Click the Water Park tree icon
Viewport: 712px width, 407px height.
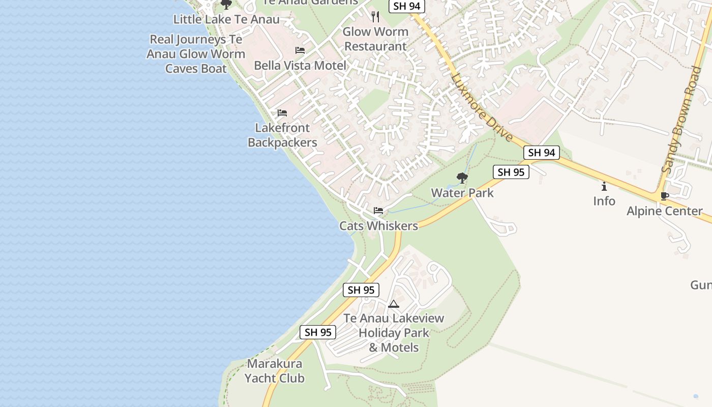click(x=462, y=178)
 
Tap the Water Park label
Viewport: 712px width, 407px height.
click(x=462, y=193)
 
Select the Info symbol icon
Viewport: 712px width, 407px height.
click(x=604, y=186)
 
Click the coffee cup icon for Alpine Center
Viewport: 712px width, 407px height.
click(x=664, y=196)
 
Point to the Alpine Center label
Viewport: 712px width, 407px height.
click(x=664, y=211)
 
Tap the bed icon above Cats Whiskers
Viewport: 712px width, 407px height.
click(x=378, y=211)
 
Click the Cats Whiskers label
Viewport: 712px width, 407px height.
click(x=378, y=226)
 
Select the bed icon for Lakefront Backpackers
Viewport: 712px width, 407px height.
click(x=282, y=113)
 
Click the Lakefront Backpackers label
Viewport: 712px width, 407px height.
click(x=282, y=135)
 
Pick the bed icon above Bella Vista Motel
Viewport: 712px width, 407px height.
click(x=300, y=50)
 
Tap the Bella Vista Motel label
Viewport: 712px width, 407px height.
click(x=300, y=66)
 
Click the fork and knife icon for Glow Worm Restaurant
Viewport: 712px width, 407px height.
click(x=375, y=17)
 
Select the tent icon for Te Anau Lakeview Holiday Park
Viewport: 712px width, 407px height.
click(x=393, y=304)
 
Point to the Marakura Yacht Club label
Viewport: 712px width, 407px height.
click(x=275, y=371)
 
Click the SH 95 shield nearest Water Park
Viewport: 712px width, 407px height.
click(x=511, y=172)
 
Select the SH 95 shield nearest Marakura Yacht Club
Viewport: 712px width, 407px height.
click(x=318, y=332)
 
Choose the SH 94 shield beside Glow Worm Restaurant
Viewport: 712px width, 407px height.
click(x=407, y=6)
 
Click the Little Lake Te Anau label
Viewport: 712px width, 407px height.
click(x=226, y=20)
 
